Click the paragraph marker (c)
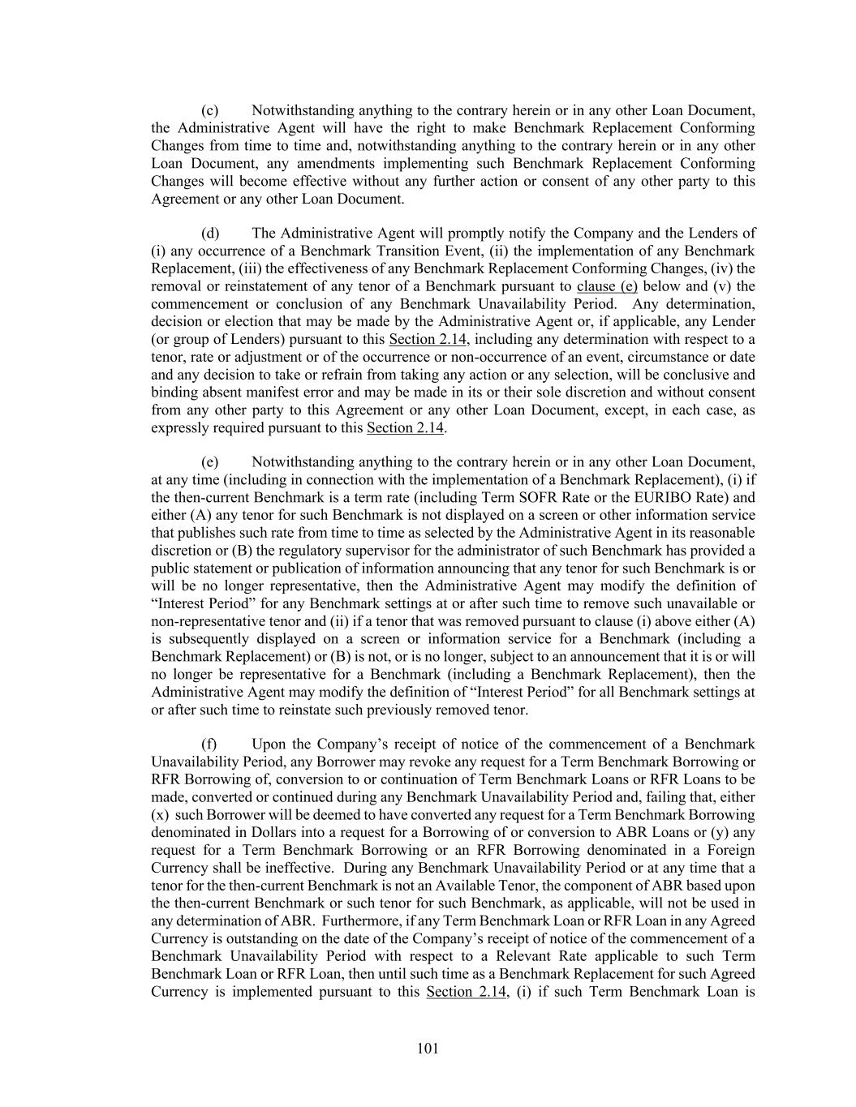(209, 110)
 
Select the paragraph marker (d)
(209, 234)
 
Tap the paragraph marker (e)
(209, 462)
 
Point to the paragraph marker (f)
(209, 744)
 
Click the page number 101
(428, 1049)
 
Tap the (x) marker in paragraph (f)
(161, 815)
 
